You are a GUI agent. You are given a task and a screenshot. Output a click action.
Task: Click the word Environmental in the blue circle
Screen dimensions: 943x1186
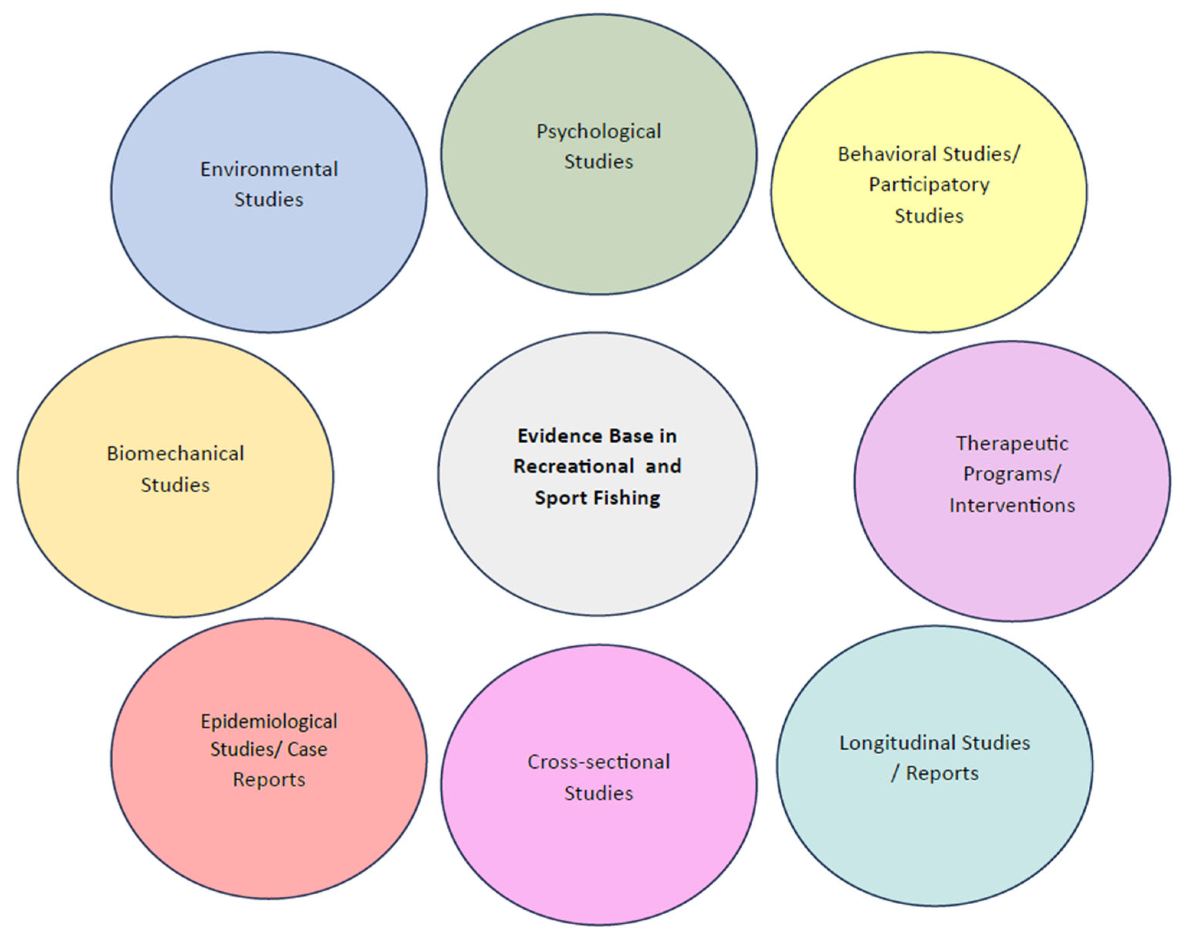[269, 169]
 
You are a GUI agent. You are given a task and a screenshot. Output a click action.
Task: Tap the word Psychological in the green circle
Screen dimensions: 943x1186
[598, 131]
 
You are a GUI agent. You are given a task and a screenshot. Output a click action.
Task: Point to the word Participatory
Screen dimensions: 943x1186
[929, 185]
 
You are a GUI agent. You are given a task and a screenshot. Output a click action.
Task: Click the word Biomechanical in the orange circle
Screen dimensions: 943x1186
[175, 454]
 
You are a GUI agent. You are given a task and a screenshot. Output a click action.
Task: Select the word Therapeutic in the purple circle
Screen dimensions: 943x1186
[1012, 443]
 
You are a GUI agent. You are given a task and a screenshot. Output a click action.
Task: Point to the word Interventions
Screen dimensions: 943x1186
[1012, 505]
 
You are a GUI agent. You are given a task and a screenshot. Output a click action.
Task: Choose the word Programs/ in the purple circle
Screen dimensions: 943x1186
[1012, 474]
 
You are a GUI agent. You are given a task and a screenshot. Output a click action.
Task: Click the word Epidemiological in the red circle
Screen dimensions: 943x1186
[269, 721]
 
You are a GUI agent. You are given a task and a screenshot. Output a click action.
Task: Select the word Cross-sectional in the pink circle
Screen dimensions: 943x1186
[598, 762]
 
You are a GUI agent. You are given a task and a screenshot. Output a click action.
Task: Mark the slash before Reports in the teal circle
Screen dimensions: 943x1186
[895, 774]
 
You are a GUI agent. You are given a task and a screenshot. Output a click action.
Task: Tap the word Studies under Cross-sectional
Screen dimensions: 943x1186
[598, 793]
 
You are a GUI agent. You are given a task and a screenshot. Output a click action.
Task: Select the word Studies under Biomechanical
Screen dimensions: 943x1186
[175, 485]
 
